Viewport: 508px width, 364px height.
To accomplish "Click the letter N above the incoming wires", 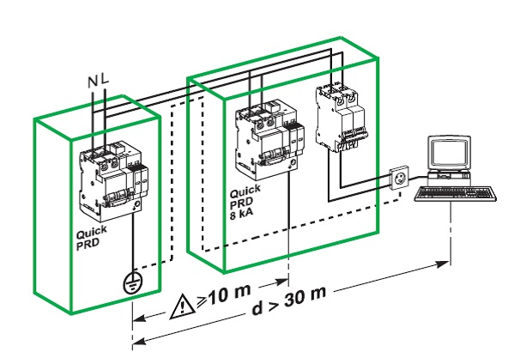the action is pyautogui.click(x=93, y=82).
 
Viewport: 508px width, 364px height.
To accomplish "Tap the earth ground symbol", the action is pyautogui.click(x=132, y=282).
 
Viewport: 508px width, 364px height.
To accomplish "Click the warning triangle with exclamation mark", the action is pyautogui.click(x=183, y=306).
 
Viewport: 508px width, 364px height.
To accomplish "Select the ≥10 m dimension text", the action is pyautogui.click(x=224, y=295).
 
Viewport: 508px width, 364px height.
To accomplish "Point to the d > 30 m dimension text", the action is pyautogui.click(x=288, y=300).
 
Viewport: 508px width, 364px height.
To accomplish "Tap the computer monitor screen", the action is pyautogui.click(x=450, y=154).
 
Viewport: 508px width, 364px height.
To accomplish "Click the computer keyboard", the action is pyautogui.click(x=455, y=193).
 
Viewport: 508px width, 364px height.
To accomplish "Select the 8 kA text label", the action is pyautogui.click(x=242, y=214).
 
